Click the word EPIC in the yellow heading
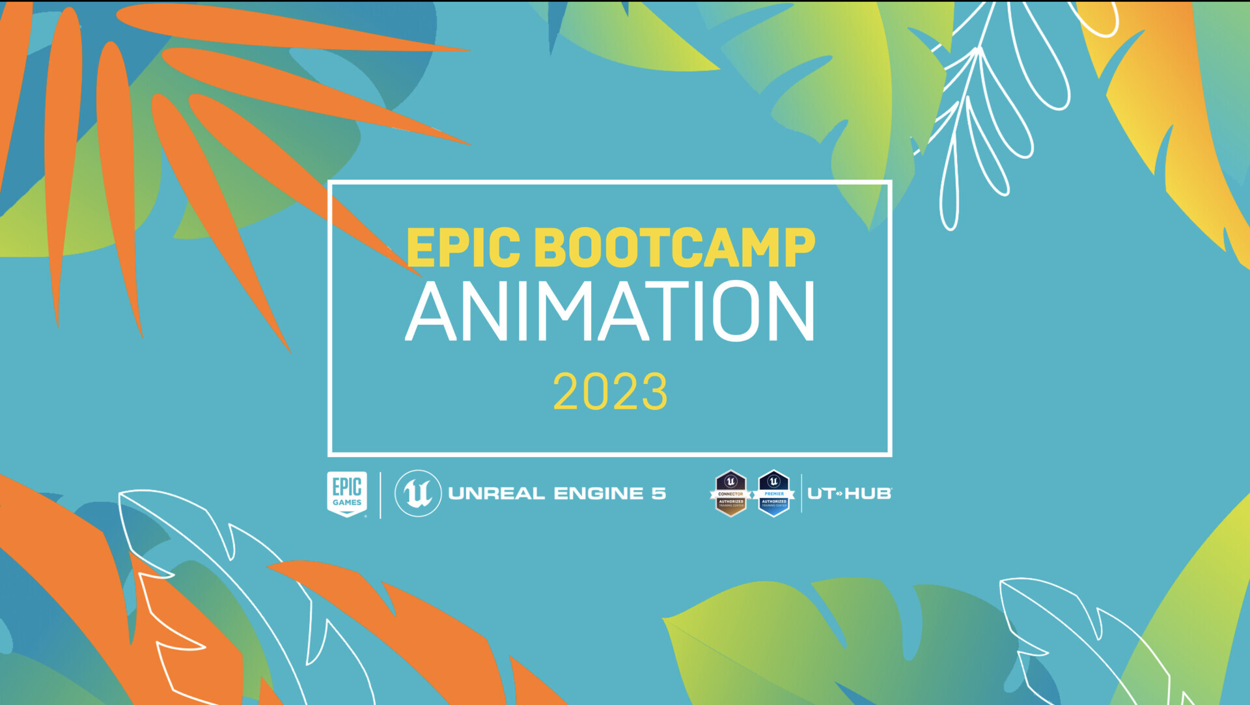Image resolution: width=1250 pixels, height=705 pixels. click(463, 248)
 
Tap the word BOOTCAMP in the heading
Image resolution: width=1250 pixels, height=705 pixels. click(674, 248)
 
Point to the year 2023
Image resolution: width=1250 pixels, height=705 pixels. click(610, 392)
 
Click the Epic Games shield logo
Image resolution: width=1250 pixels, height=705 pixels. click(347, 493)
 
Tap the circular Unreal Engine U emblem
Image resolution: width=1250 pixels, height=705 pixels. click(418, 493)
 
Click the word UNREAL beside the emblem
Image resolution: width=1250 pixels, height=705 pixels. click(496, 493)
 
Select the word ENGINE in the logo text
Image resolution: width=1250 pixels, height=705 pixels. click(598, 493)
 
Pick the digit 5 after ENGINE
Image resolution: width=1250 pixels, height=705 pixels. click(659, 493)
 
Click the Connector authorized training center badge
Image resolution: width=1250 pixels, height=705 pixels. click(730, 493)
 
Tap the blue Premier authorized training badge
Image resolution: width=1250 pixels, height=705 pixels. click(773, 493)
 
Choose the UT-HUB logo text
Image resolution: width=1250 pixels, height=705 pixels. click(849, 493)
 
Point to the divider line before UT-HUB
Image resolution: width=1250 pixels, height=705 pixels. click(801, 493)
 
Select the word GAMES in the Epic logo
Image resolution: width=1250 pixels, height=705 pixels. click(347, 503)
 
